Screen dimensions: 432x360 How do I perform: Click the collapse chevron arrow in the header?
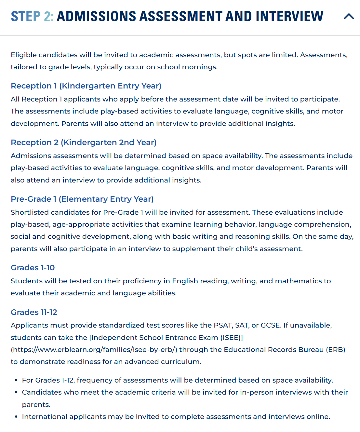[349, 16]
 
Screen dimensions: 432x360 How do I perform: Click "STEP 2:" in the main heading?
[32, 16]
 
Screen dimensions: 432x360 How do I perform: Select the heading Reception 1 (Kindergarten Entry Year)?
[86, 86]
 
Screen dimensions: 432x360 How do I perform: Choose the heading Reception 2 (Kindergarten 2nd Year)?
[84, 142]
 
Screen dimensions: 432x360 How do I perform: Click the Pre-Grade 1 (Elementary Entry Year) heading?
[82, 199]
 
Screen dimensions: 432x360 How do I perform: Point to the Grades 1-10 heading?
[33, 268]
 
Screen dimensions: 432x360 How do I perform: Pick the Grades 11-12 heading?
[34, 312]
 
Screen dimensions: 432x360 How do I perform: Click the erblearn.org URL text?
[94, 350]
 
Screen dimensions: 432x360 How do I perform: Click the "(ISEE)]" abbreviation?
[232, 338]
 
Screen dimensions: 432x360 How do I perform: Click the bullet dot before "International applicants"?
[16, 417]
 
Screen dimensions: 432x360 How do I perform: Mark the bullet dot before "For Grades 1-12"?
[16, 381]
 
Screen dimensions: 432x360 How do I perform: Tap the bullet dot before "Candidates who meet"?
[16, 393]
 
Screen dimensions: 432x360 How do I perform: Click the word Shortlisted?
[30, 212]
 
